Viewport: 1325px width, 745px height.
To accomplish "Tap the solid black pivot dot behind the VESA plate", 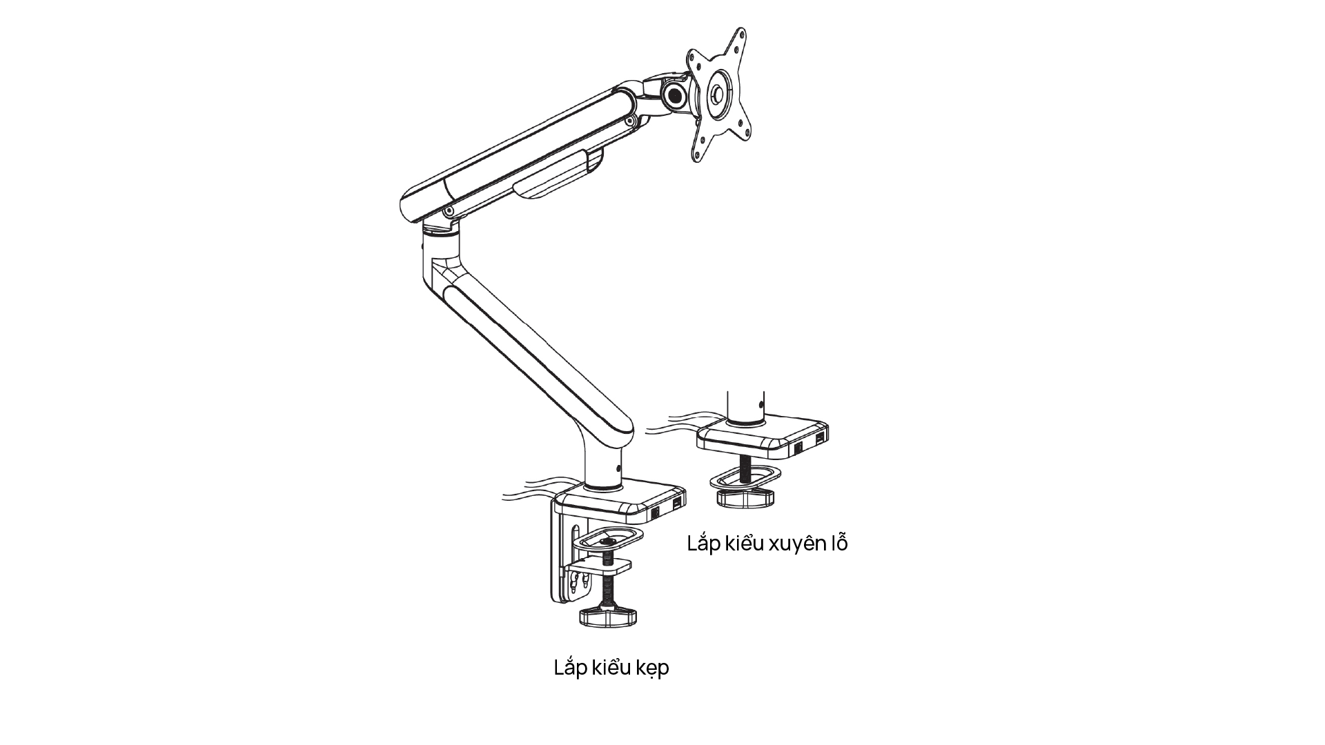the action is (x=674, y=93).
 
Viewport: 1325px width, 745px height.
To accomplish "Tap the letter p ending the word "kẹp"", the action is (x=662, y=670).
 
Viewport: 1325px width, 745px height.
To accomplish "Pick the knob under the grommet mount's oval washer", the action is (x=746, y=498).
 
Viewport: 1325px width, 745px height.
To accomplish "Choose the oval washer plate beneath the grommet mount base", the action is (x=745, y=477).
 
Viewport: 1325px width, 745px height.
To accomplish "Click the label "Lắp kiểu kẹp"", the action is (x=611, y=668).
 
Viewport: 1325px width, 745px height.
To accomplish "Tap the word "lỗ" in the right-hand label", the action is (x=837, y=542).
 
